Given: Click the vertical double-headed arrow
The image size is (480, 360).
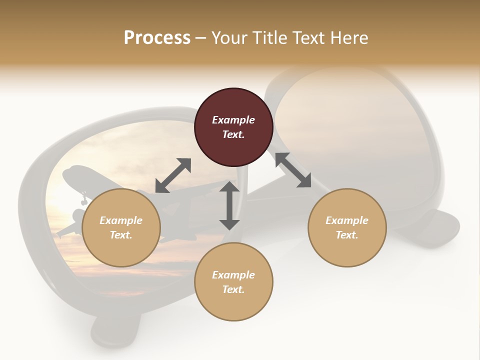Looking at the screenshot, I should pos(229,205).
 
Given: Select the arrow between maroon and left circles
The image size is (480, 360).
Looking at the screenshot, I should pos(173,175).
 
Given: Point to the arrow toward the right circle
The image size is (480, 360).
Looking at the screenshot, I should pos(293,170).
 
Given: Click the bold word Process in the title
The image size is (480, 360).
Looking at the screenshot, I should pos(157,37).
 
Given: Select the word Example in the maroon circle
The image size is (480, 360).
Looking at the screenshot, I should pos(233,120).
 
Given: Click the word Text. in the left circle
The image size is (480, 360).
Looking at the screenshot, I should pos(121,235).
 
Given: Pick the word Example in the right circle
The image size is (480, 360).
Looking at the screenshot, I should pos(347,220).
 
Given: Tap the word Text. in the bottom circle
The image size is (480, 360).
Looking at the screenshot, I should pos(233,289).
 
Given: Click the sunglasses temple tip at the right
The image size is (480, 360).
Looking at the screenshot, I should pos(442,225).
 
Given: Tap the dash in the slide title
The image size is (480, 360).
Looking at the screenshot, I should pos(200,38).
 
